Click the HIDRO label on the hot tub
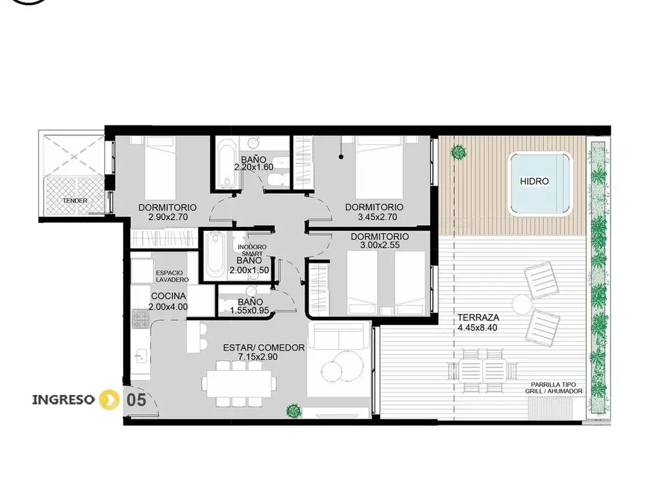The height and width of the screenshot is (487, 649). click(534, 181)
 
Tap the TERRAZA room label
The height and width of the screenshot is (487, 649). click(478, 318)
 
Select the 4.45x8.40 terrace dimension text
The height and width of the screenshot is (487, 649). click(477, 328)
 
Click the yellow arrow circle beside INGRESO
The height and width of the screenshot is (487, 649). click(109, 399)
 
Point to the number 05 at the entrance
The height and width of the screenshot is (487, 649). click(136, 400)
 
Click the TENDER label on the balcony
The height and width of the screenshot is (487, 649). click(75, 200)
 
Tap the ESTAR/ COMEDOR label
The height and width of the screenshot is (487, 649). click(264, 348)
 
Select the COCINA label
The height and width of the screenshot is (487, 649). click(169, 296)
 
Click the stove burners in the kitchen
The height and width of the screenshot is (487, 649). click(140, 320)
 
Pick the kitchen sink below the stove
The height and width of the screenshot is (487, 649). click(141, 355)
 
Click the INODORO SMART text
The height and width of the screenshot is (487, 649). click(252, 250)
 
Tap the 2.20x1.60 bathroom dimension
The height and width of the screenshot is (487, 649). click(254, 167)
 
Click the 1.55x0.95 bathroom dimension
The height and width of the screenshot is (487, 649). click(250, 311)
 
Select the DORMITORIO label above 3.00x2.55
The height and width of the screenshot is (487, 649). click(380, 237)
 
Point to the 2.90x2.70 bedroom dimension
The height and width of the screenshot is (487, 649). click(168, 217)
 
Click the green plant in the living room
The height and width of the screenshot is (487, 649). click(293, 411)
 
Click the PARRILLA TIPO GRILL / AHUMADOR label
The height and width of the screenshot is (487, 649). click(554, 387)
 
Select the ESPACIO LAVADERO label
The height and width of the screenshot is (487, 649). click(172, 276)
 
